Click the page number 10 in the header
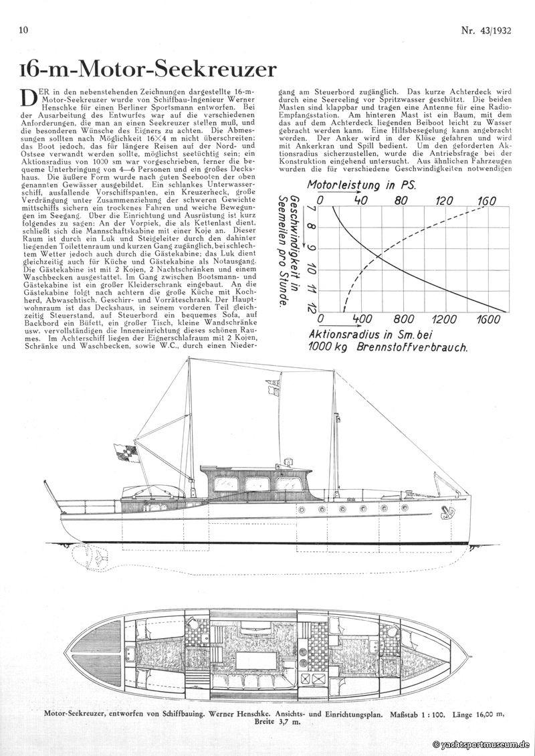24,30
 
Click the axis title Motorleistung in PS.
361,185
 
